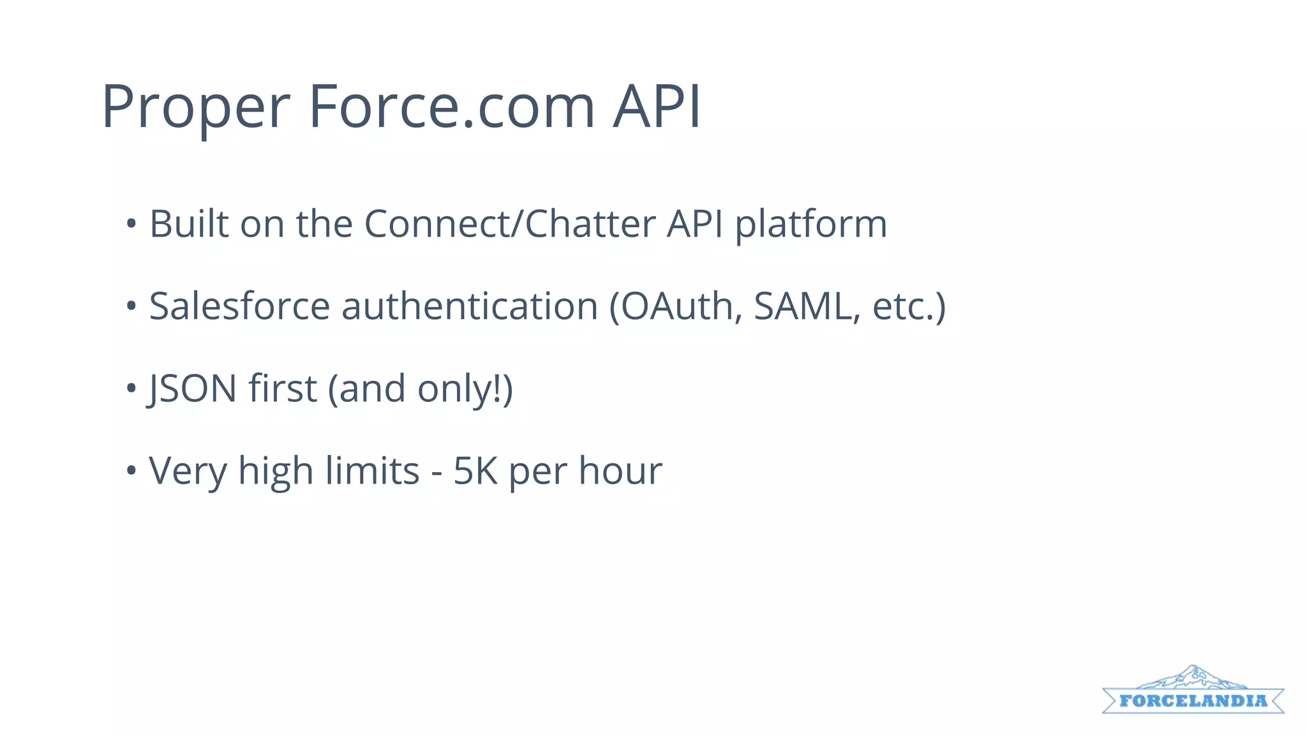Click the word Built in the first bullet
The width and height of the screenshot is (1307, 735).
point(189,224)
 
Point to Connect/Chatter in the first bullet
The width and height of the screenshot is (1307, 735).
point(510,224)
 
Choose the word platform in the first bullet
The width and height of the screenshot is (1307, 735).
point(811,225)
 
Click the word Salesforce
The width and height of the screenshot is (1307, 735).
point(239,306)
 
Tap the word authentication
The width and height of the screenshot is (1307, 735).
point(470,306)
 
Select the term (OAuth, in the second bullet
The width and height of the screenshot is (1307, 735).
point(676,307)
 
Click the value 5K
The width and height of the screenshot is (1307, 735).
point(475,471)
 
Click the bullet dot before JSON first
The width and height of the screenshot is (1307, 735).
point(131,388)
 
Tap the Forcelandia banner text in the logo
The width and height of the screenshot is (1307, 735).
point(1193,701)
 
